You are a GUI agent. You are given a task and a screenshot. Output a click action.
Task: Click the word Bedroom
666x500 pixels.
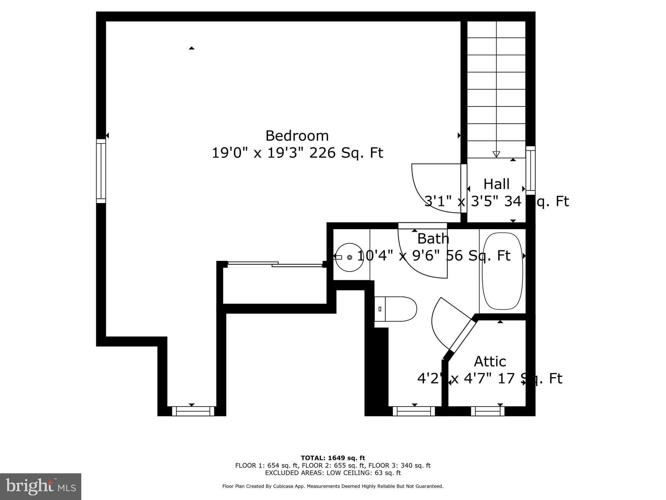297,136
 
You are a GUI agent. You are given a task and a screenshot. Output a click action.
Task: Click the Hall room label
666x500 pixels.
496,184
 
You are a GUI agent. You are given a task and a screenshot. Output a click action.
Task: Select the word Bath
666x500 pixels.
433,239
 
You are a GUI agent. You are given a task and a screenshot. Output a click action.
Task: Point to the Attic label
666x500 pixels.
490,362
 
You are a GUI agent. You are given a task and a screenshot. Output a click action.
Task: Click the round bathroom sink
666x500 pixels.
349,257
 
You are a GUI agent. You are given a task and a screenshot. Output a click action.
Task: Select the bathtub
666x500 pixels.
502,271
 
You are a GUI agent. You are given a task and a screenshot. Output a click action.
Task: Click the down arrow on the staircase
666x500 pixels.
496,154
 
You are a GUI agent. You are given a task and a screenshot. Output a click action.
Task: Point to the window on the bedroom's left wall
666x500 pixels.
101,171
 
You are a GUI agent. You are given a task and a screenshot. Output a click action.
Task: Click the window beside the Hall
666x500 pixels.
530,170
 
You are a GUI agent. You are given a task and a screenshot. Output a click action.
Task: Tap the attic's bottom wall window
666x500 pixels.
487,411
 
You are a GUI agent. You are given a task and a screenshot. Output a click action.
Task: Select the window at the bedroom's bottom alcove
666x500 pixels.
193,411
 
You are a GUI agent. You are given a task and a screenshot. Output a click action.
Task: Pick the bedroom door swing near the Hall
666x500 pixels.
429,192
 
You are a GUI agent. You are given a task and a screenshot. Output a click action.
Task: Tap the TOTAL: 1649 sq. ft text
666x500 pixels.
333,458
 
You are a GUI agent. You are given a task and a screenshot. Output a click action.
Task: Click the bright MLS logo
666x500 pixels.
41,486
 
